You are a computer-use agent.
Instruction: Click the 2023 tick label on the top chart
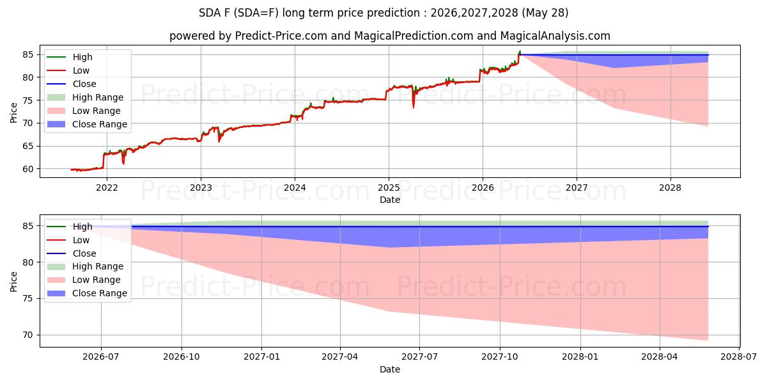(x=201, y=188)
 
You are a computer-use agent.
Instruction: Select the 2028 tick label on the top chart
(x=670, y=188)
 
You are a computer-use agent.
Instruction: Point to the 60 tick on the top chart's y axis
(x=28, y=169)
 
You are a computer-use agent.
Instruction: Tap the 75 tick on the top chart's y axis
(x=28, y=100)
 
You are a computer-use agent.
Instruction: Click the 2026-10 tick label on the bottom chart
(x=182, y=357)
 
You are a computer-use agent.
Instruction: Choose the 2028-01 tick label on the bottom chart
(x=580, y=357)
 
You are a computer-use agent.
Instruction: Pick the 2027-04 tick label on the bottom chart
(x=339, y=357)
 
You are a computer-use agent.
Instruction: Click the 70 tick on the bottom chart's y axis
(x=28, y=335)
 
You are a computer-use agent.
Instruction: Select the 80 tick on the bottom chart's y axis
(x=28, y=262)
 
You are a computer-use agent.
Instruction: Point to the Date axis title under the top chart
(x=390, y=200)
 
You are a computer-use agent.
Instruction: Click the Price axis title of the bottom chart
(x=13, y=282)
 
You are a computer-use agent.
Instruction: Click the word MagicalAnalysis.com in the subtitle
(x=555, y=36)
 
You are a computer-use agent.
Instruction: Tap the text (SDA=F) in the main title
(x=256, y=13)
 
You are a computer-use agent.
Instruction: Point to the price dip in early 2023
(x=219, y=137)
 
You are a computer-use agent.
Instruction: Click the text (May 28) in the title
(x=545, y=13)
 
